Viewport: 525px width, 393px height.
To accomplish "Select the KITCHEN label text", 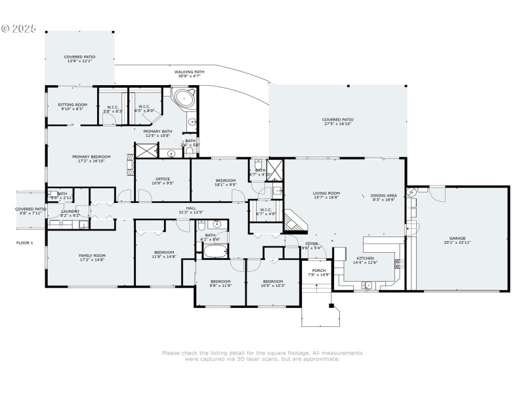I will click(x=365, y=259).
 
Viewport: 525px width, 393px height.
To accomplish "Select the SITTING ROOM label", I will click(x=72, y=105).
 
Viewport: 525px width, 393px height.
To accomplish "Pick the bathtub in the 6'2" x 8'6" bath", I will click(x=215, y=252).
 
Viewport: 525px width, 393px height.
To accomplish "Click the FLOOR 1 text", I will click(x=24, y=242).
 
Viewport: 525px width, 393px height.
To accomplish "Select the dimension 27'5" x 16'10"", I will click(x=338, y=124).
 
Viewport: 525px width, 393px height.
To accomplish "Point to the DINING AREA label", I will click(x=383, y=195).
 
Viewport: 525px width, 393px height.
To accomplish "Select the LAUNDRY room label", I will click(x=70, y=212).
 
